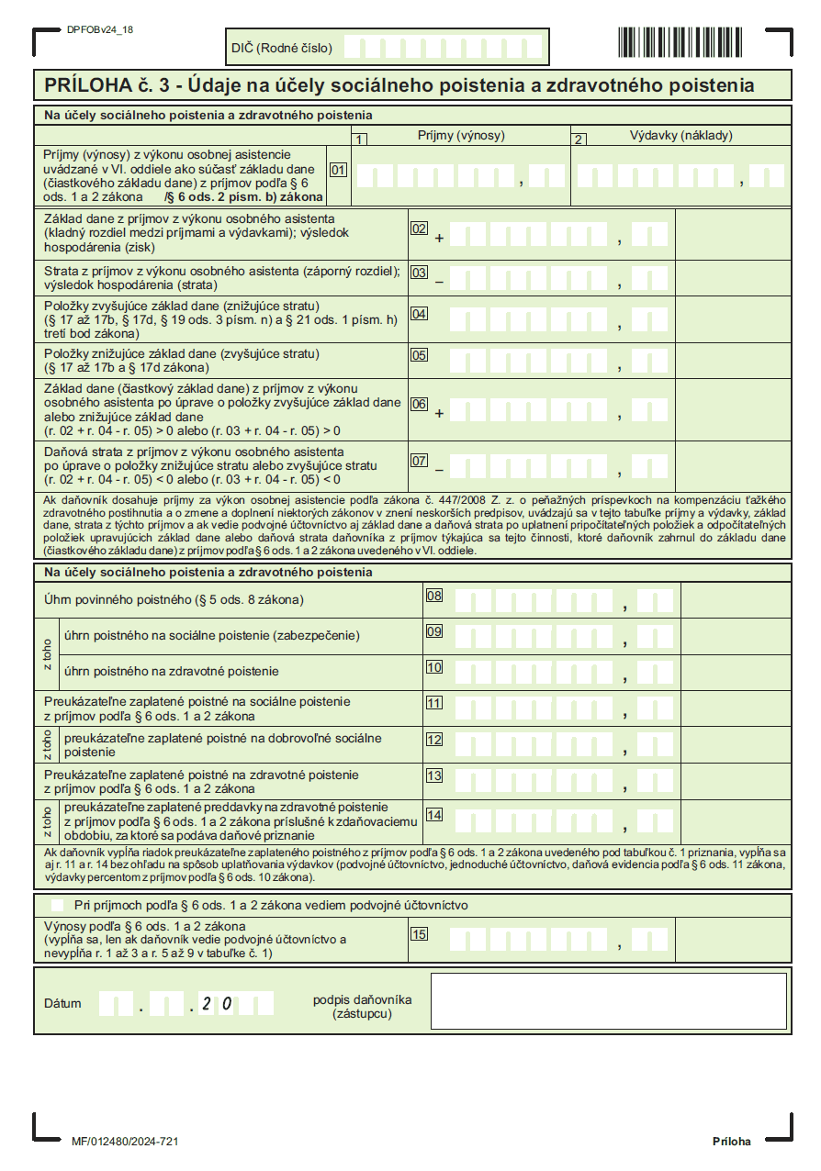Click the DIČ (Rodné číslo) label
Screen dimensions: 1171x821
coord(281,48)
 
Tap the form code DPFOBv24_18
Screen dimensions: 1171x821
coord(100,29)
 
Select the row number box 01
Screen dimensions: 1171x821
coord(339,170)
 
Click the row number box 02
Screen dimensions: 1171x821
coord(420,229)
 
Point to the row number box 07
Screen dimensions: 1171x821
coord(420,461)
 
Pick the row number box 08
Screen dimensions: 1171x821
coord(434,596)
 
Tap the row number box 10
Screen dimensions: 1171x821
coord(434,667)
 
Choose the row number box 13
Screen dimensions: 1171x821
coord(434,775)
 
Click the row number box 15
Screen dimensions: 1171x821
coord(420,934)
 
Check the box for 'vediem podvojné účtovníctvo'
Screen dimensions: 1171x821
coord(57,905)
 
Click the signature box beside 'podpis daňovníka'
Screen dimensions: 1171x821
coord(608,1000)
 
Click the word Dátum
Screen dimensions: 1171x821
coord(62,1003)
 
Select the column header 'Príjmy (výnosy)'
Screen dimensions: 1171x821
coord(461,136)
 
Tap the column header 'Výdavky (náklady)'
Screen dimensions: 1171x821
coord(680,136)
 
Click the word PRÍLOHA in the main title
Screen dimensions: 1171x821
coord(85,86)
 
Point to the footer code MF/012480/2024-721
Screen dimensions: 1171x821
coord(124,1141)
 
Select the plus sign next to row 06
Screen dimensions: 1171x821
coord(439,414)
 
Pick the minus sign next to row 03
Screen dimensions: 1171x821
coord(439,281)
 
